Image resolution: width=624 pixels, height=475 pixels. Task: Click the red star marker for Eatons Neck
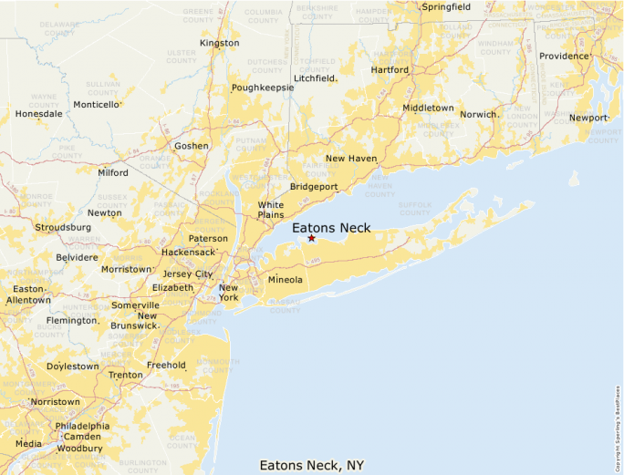coord(311,238)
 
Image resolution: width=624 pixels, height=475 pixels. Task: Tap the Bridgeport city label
coord(314,187)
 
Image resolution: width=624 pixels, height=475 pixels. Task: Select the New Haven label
coord(351,159)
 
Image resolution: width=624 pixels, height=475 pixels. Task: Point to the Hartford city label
coord(390,69)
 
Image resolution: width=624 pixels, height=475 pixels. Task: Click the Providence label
coord(564,56)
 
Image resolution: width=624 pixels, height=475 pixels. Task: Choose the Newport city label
coord(588,118)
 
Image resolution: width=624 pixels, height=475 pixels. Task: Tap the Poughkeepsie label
coord(262,88)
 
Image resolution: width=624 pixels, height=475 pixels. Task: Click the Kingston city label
coord(219,43)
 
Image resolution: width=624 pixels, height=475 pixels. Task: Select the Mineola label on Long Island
coord(285,279)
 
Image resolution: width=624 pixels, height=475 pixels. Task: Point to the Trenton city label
coord(125,375)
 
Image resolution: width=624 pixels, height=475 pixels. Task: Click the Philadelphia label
coord(82,426)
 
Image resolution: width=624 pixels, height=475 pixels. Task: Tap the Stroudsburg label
coord(63,226)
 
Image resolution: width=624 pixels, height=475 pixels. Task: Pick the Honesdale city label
coord(39,114)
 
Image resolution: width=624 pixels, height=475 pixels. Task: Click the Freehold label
coord(166,365)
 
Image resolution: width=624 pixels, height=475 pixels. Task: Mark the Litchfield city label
coord(315,78)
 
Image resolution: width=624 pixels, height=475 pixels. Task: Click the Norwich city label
coord(477,115)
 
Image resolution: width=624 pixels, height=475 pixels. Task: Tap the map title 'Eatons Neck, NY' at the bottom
coord(312,465)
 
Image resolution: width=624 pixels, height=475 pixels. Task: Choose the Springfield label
coord(445,7)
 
